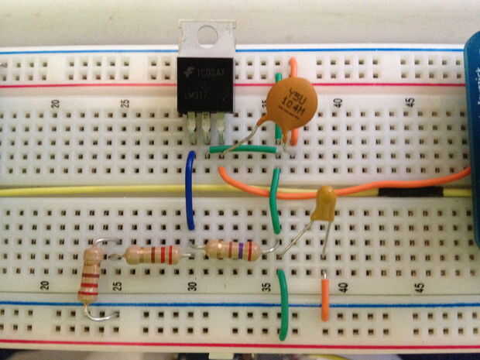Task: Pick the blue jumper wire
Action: (189, 190)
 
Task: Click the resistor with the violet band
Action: (231, 249)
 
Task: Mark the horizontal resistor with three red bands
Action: (153, 254)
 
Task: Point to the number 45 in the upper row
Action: (410, 101)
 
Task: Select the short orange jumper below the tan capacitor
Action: (326, 298)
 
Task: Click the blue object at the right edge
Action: (471, 139)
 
